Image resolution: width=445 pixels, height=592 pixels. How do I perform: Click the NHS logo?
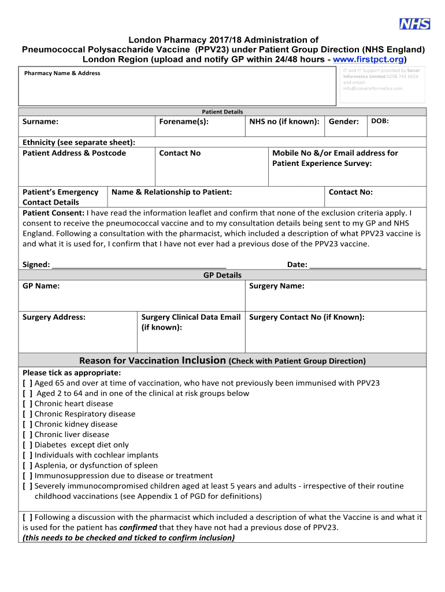click(x=414, y=24)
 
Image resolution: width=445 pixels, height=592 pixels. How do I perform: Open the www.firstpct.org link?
click(x=368, y=60)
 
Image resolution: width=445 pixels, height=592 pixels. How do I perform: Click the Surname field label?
click(x=40, y=122)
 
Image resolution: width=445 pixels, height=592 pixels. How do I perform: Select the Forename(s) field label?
click(x=184, y=122)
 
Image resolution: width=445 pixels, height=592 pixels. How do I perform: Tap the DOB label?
click(x=380, y=121)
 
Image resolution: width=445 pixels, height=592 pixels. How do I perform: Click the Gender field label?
click(x=344, y=122)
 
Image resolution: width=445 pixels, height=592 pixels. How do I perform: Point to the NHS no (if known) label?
click(x=284, y=122)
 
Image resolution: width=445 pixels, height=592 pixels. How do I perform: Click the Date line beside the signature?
click(x=365, y=265)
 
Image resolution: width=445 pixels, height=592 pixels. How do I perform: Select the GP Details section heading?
click(x=222, y=275)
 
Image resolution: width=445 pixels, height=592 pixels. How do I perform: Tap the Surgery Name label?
click(x=276, y=286)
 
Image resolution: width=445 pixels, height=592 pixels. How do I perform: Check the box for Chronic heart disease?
click(x=27, y=404)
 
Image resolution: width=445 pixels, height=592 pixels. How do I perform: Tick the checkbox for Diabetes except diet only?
click(x=27, y=445)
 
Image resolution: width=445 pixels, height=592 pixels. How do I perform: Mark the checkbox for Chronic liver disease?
click(x=27, y=435)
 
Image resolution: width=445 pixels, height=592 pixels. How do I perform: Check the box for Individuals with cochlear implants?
click(x=27, y=456)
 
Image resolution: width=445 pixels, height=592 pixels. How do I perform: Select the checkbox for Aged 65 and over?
click(x=27, y=383)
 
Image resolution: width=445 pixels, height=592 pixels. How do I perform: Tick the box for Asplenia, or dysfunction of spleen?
click(x=27, y=465)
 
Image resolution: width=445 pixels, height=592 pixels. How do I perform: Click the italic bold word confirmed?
click(x=138, y=528)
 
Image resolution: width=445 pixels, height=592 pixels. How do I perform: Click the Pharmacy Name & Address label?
click(x=62, y=73)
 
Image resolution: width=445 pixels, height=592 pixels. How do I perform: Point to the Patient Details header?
click(x=222, y=112)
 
